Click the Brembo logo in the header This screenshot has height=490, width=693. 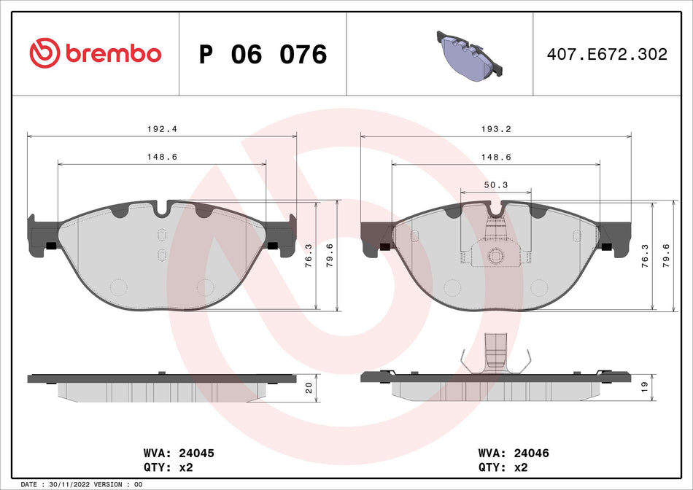(95, 53)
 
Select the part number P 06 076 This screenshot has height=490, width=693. (263, 55)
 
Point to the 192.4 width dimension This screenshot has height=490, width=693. (161, 128)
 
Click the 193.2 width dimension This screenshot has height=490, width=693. (495, 128)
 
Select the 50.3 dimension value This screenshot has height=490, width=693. (495, 185)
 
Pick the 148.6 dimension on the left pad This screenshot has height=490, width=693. (161, 157)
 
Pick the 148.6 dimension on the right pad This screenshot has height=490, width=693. (495, 157)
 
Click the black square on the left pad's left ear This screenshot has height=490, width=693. (51, 245)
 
